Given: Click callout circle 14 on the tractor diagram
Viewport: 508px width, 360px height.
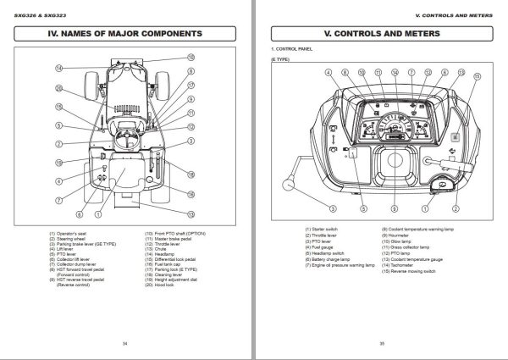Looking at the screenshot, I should [59, 68].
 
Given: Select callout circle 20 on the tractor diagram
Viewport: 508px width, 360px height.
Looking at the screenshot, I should [59, 88].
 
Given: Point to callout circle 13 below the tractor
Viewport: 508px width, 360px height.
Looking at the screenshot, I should [191, 214].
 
